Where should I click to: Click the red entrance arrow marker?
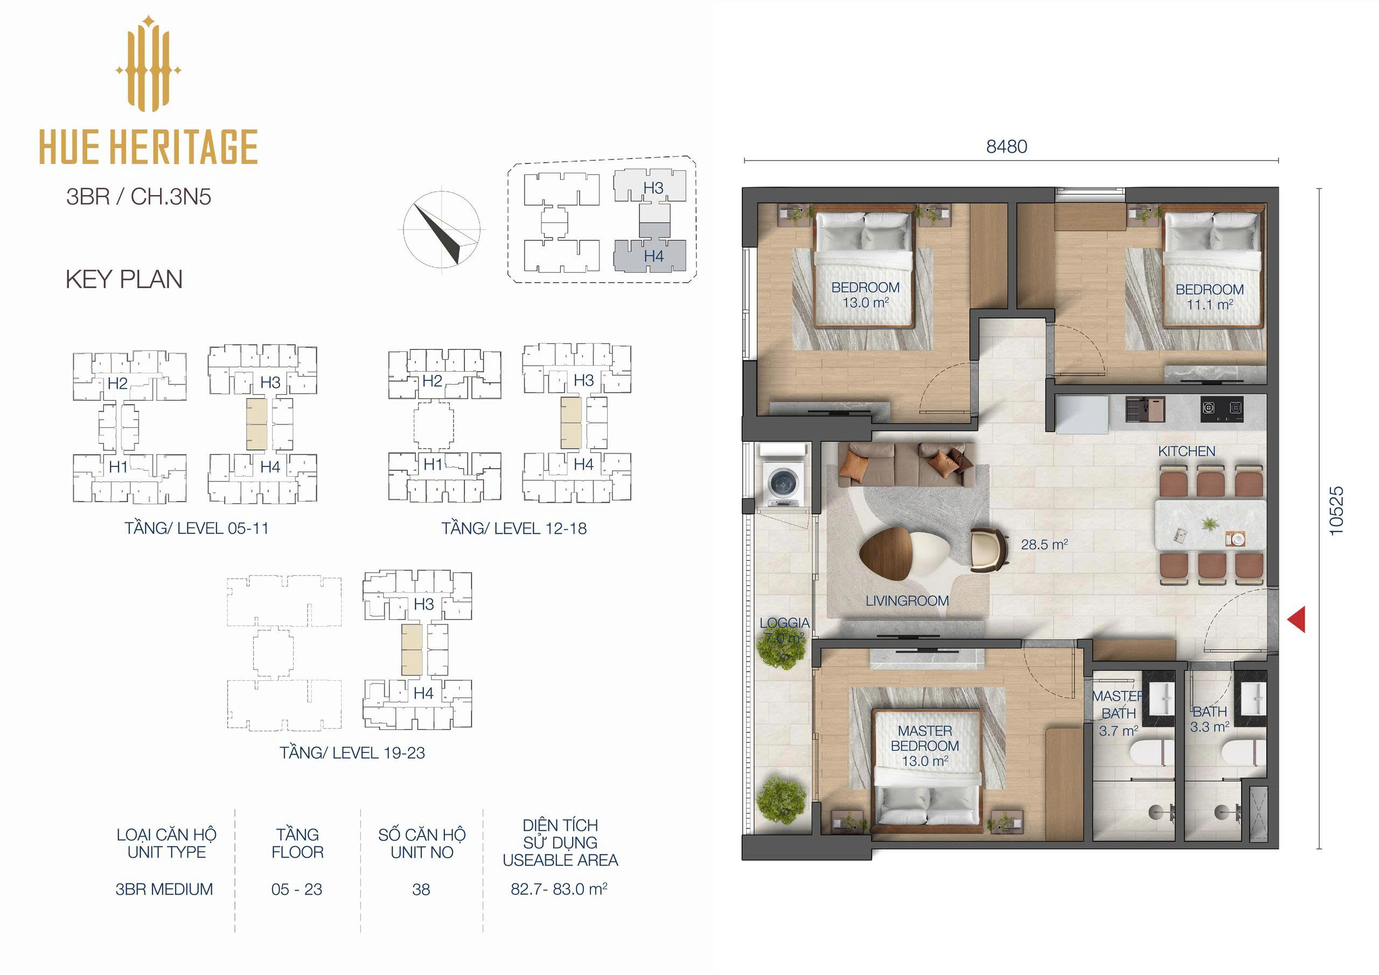point(1298,619)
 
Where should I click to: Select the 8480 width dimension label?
point(1007,147)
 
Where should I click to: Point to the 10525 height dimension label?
point(1335,511)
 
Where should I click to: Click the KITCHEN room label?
point(1187,451)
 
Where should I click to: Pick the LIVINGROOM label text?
point(907,601)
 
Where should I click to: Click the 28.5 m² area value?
point(1044,544)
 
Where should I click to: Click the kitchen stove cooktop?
point(1222,408)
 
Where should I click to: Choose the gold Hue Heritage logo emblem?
point(148,64)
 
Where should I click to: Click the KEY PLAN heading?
point(124,280)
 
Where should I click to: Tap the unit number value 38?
point(421,890)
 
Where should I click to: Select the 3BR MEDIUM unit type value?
point(164,889)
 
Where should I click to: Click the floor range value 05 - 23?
point(297,890)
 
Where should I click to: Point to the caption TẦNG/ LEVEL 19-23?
point(352,753)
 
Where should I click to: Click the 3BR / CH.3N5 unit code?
point(139,197)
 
